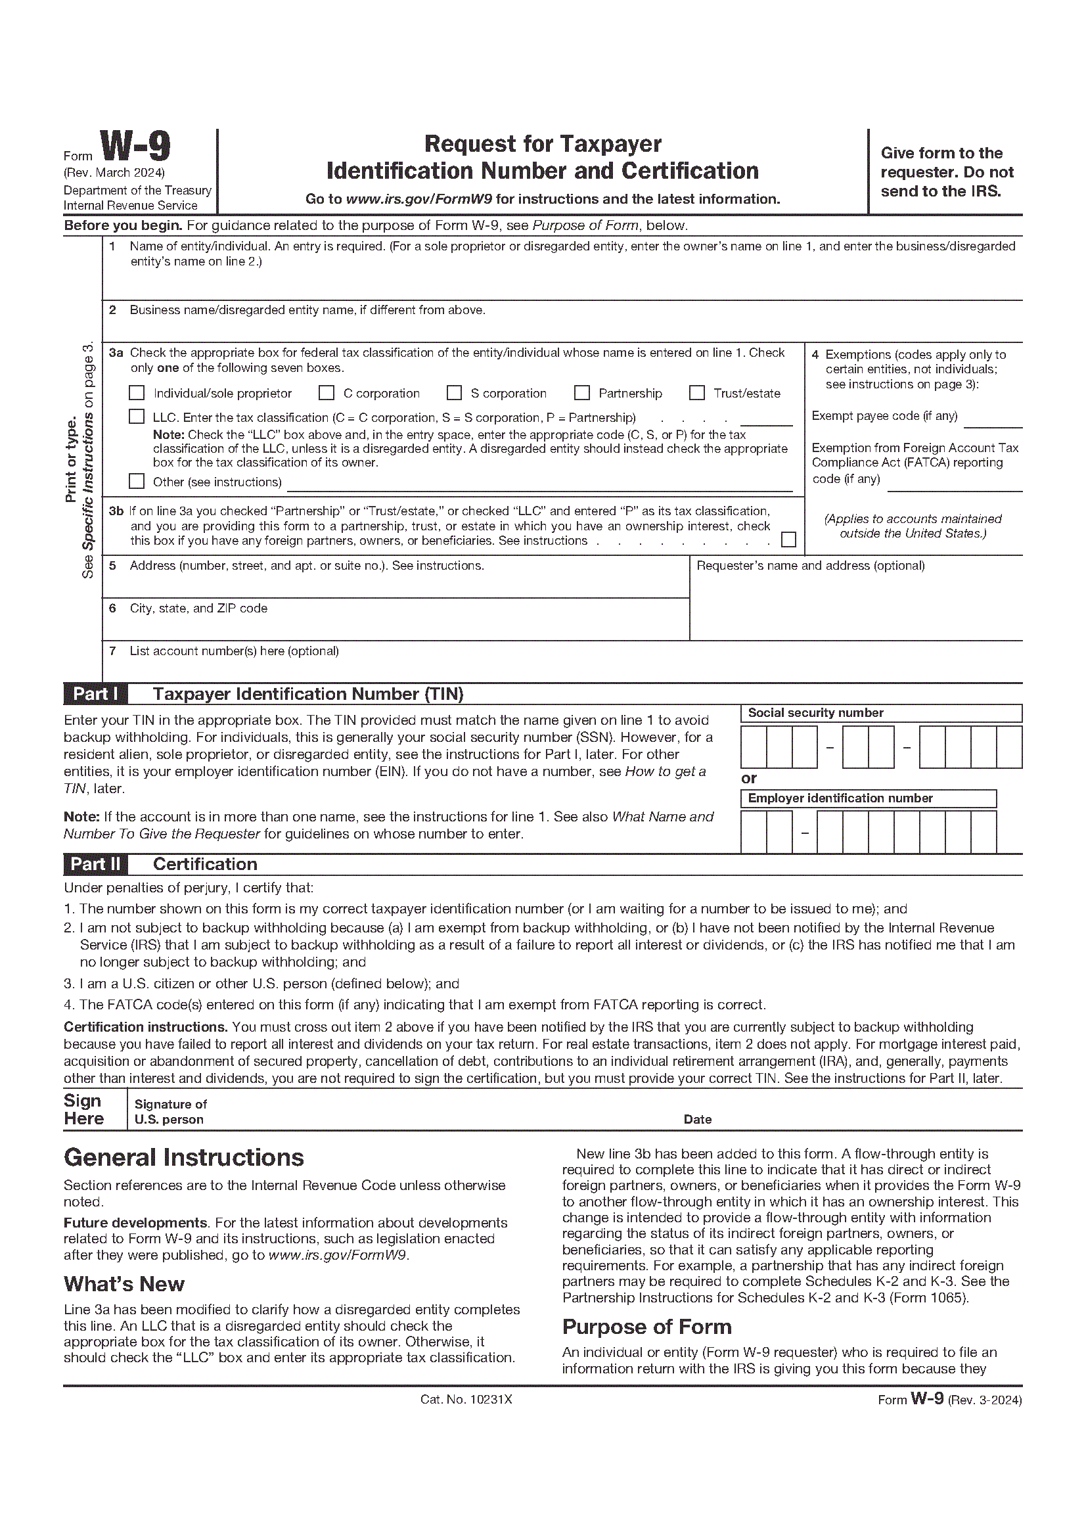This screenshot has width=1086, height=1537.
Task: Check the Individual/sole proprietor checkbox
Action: click(137, 393)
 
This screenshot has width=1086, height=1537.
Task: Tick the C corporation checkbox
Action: click(327, 393)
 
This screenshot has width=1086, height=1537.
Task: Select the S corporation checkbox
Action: click(455, 393)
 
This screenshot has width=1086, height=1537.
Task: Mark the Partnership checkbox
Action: click(582, 393)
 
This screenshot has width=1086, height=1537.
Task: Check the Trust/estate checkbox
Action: click(697, 393)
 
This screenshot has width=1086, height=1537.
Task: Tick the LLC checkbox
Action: click(137, 417)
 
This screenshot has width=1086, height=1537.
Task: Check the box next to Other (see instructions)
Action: click(137, 481)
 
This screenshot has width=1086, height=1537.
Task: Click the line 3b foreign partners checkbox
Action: click(789, 539)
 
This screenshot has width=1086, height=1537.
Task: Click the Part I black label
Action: click(95, 694)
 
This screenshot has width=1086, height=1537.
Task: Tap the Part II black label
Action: click(95, 864)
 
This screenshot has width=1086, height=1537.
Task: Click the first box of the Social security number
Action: click(754, 747)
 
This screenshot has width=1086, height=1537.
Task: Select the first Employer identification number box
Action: click(754, 832)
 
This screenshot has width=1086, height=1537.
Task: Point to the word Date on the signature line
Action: click(697, 1119)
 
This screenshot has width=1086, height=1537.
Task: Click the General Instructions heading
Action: click(183, 1157)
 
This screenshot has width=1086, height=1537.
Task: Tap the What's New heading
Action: click(124, 1283)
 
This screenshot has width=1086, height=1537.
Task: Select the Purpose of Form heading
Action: click(646, 1326)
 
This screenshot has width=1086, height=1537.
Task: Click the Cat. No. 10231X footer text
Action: click(466, 1399)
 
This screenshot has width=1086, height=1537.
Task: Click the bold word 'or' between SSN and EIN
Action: click(749, 778)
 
